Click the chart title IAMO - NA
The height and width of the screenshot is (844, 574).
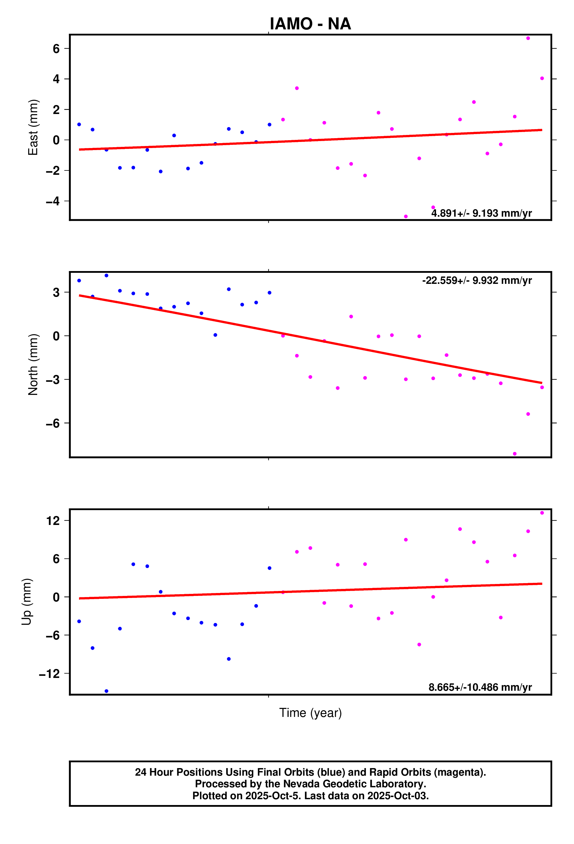(x=310, y=24)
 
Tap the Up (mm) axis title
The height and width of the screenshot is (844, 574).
(x=26, y=602)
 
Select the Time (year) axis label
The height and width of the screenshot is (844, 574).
(x=310, y=713)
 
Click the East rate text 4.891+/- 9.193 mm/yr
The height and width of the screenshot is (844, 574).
(x=481, y=213)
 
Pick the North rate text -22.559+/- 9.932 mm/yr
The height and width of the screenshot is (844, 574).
(x=477, y=280)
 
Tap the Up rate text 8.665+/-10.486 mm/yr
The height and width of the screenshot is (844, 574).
(x=480, y=687)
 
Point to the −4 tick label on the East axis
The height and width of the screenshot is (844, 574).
(x=53, y=201)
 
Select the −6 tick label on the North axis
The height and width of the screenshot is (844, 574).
(x=53, y=423)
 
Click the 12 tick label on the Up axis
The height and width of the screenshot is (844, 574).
(x=53, y=521)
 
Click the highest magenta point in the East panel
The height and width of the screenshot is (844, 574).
(x=528, y=38)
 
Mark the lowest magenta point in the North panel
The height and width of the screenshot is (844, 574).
(x=514, y=454)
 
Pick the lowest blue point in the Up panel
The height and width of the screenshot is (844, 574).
(x=106, y=691)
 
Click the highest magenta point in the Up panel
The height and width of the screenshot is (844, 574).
(x=542, y=513)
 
